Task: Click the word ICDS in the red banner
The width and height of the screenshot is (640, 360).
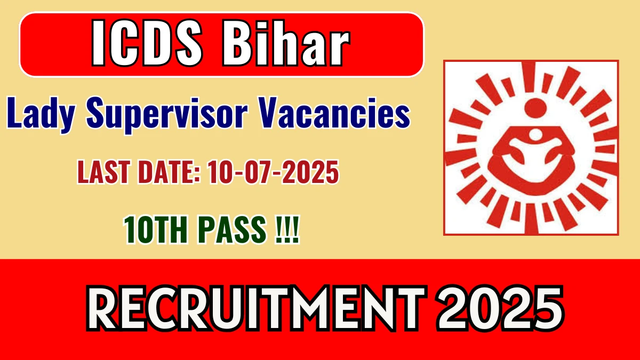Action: click(x=147, y=43)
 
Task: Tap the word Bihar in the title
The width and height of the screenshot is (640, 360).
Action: click(x=286, y=43)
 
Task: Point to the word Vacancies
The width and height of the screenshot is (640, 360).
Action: click(x=334, y=113)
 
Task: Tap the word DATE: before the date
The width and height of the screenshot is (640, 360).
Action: click(x=169, y=172)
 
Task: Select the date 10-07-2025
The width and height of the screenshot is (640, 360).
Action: click(x=273, y=172)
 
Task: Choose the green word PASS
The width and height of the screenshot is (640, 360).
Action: click(x=231, y=230)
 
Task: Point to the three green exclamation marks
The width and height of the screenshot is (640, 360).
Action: click(x=287, y=230)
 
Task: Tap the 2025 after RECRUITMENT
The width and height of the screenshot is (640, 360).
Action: click(x=500, y=308)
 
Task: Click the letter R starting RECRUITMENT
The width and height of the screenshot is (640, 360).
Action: click(x=106, y=308)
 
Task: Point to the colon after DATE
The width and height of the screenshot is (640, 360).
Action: click(x=197, y=175)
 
